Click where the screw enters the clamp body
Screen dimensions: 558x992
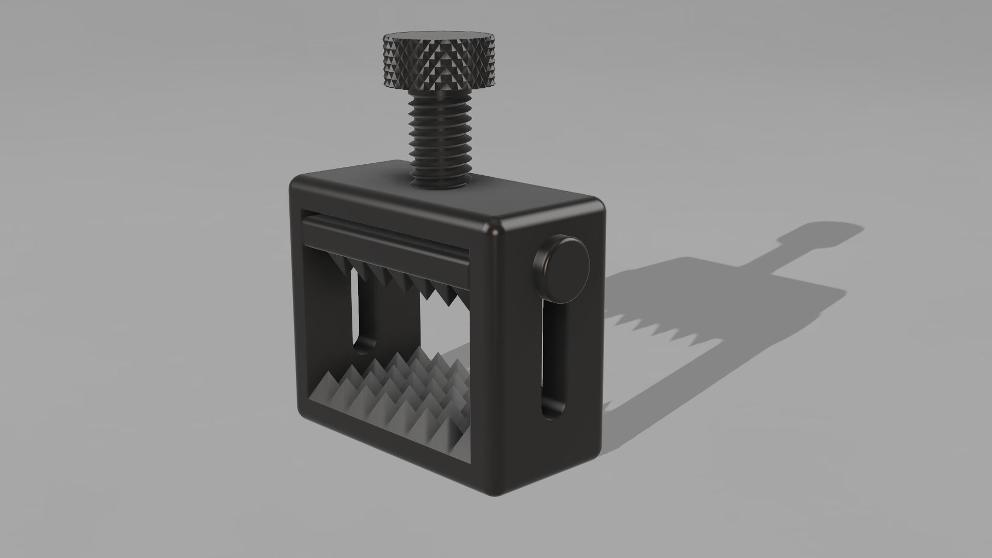(440, 183)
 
